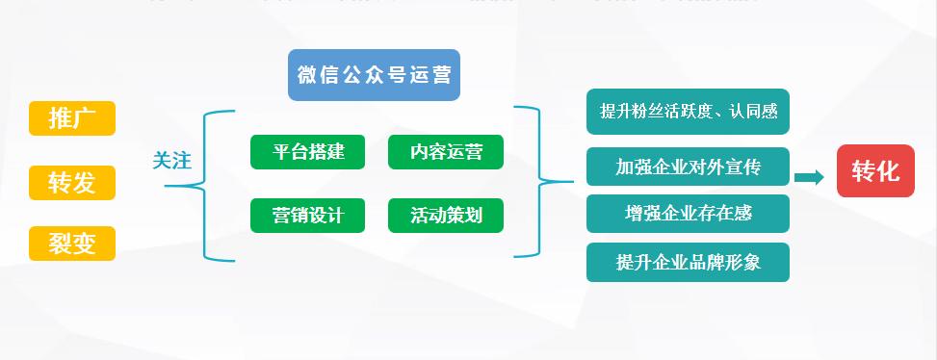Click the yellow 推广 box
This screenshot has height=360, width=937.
pyautogui.click(x=72, y=118)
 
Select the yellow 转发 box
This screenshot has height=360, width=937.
pyautogui.click(x=72, y=182)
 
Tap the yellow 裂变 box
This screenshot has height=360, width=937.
pyautogui.click(x=72, y=244)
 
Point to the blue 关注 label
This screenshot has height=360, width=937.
pyautogui.click(x=172, y=161)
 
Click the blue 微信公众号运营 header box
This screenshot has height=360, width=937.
pyautogui.click(x=374, y=75)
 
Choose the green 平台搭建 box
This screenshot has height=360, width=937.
pyautogui.click(x=308, y=152)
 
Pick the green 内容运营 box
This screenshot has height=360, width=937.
pyautogui.click(x=446, y=152)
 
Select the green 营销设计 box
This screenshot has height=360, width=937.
pyautogui.click(x=308, y=216)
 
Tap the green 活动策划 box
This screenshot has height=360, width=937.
pyautogui.click(x=446, y=216)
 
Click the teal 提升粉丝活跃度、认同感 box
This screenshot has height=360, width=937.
pyautogui.click(x=688, y=112)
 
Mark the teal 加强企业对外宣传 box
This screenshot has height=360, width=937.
pyautogui.click(x=688, y=167)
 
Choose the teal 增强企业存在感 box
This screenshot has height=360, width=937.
pyautogui.click(x=688, y=213)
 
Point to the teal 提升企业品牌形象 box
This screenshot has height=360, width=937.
pyautogui.click(x=688, y=262)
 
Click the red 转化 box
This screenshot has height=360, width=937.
pyautogui.click(x=875, y=171)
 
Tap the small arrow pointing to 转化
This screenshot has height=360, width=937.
pyautogui.click(x=809, y=177)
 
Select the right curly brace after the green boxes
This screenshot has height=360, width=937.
pyautogui.click(x=533, y=181)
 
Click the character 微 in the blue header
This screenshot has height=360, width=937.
pyautogui.click(x=307, y=75)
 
